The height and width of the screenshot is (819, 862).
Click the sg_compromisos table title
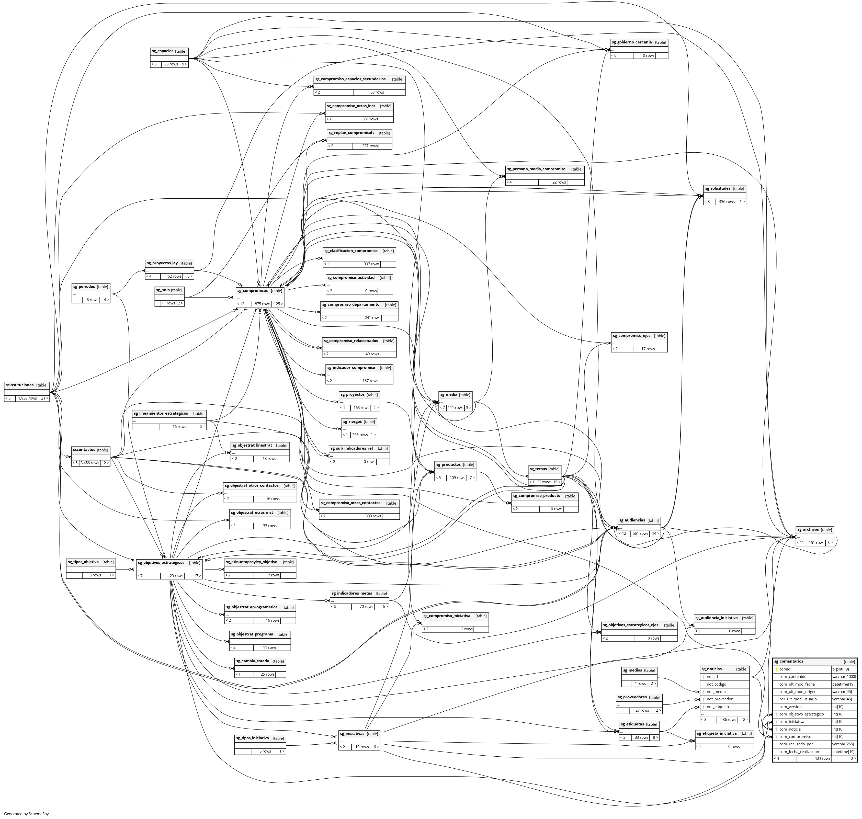[252, 291]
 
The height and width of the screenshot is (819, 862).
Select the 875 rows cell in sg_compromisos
[263, 304]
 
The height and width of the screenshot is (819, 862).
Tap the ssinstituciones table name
[20, 385]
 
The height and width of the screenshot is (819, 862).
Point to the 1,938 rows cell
[27, 398]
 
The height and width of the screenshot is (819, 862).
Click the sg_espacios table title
[162, 51]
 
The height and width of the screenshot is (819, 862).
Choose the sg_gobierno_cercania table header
[631, 42]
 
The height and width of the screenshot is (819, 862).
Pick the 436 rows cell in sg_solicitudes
[727, 202]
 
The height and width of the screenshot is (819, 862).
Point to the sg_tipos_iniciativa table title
[252, 738]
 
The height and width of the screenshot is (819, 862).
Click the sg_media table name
[448, 395]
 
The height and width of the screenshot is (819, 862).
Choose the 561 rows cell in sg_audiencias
[640, 533]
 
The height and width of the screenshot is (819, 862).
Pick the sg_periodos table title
[84, 287]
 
